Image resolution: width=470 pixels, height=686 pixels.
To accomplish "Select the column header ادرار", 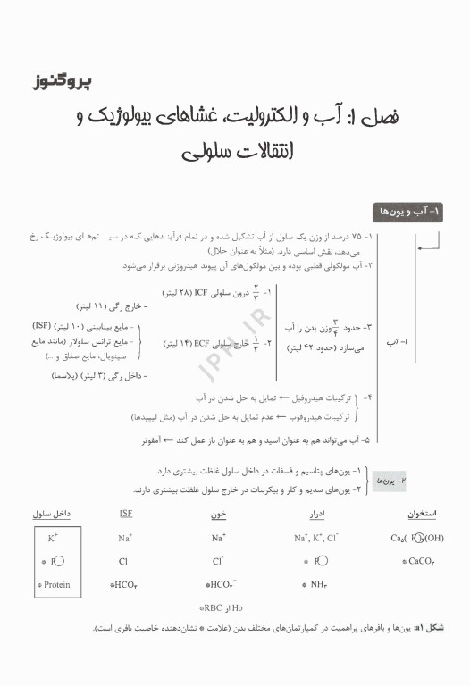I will coord(315,514).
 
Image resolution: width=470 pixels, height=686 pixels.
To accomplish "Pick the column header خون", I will coord(218,514).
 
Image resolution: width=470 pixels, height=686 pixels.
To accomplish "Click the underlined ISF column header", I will coord(125,514).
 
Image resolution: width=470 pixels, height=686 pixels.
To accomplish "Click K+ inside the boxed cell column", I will coord(53,538).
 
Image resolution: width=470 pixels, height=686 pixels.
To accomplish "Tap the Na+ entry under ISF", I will coord(125,538).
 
